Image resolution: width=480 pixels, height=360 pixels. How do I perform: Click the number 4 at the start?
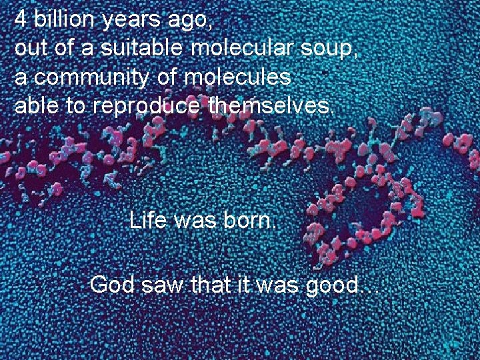[x=21, y=20]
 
